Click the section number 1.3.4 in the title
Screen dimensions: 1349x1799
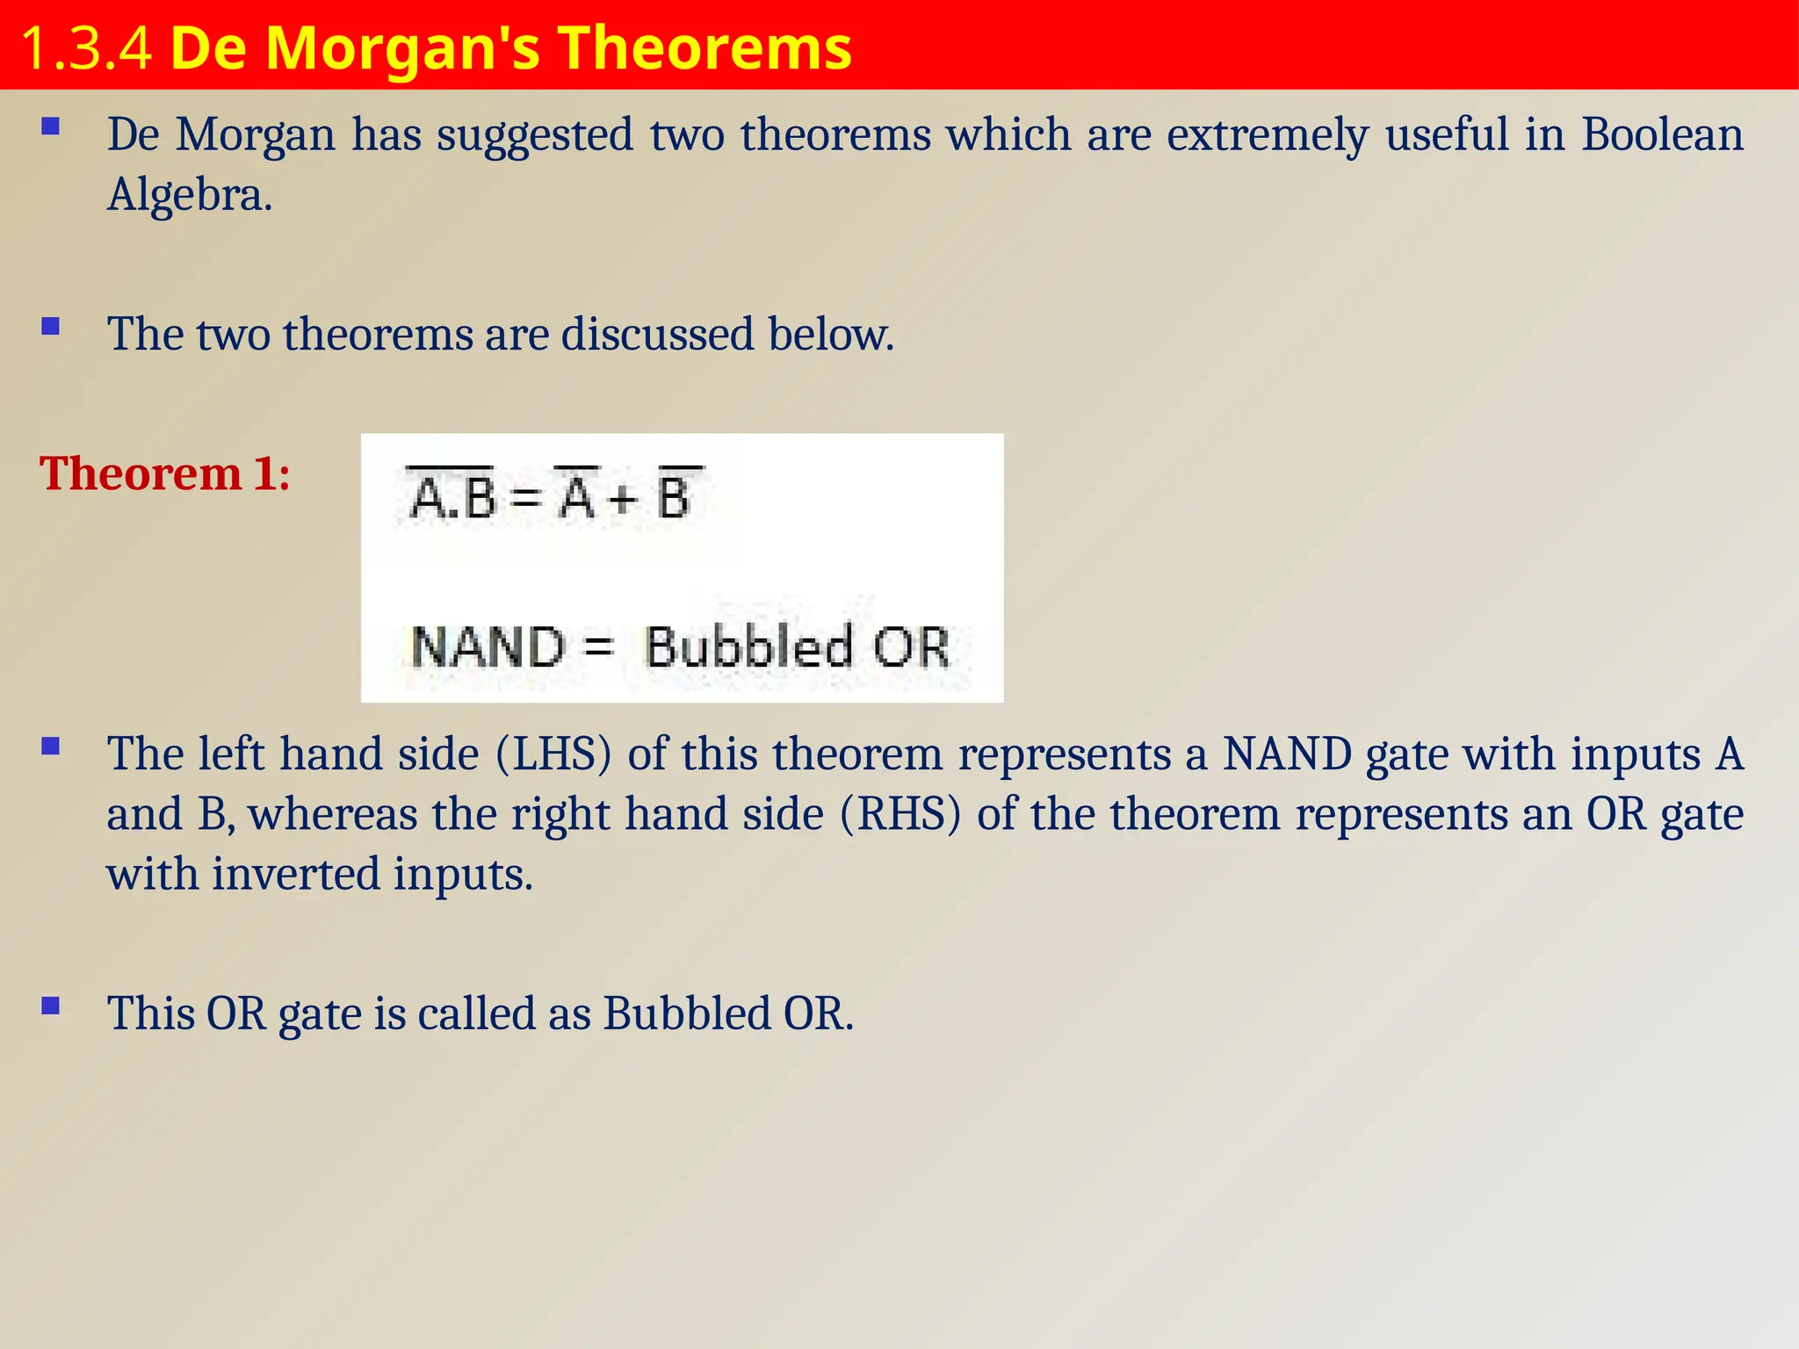85,48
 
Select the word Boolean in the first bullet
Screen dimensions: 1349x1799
1662,135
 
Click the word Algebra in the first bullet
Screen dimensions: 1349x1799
189,195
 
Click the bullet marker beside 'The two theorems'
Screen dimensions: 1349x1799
51,328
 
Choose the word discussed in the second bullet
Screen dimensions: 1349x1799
657,335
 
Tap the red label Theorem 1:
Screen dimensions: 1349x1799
165,474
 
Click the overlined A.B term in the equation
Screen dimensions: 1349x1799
452,496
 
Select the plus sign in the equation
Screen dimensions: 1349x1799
621,500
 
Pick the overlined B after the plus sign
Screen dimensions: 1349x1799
675,496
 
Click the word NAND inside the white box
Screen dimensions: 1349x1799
488,647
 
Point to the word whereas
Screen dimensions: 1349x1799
333,814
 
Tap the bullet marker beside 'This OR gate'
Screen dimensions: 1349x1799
51,1006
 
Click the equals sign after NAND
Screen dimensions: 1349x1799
598,647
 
